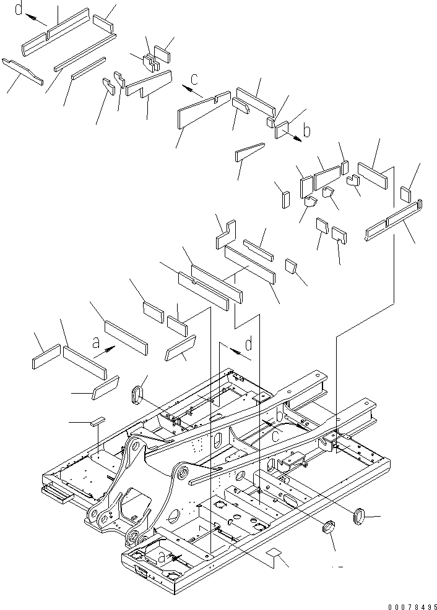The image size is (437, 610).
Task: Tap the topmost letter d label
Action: pos(20,10)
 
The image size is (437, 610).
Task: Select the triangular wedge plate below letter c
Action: pos(249,151)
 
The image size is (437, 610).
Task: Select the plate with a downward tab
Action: pos(149,85)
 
